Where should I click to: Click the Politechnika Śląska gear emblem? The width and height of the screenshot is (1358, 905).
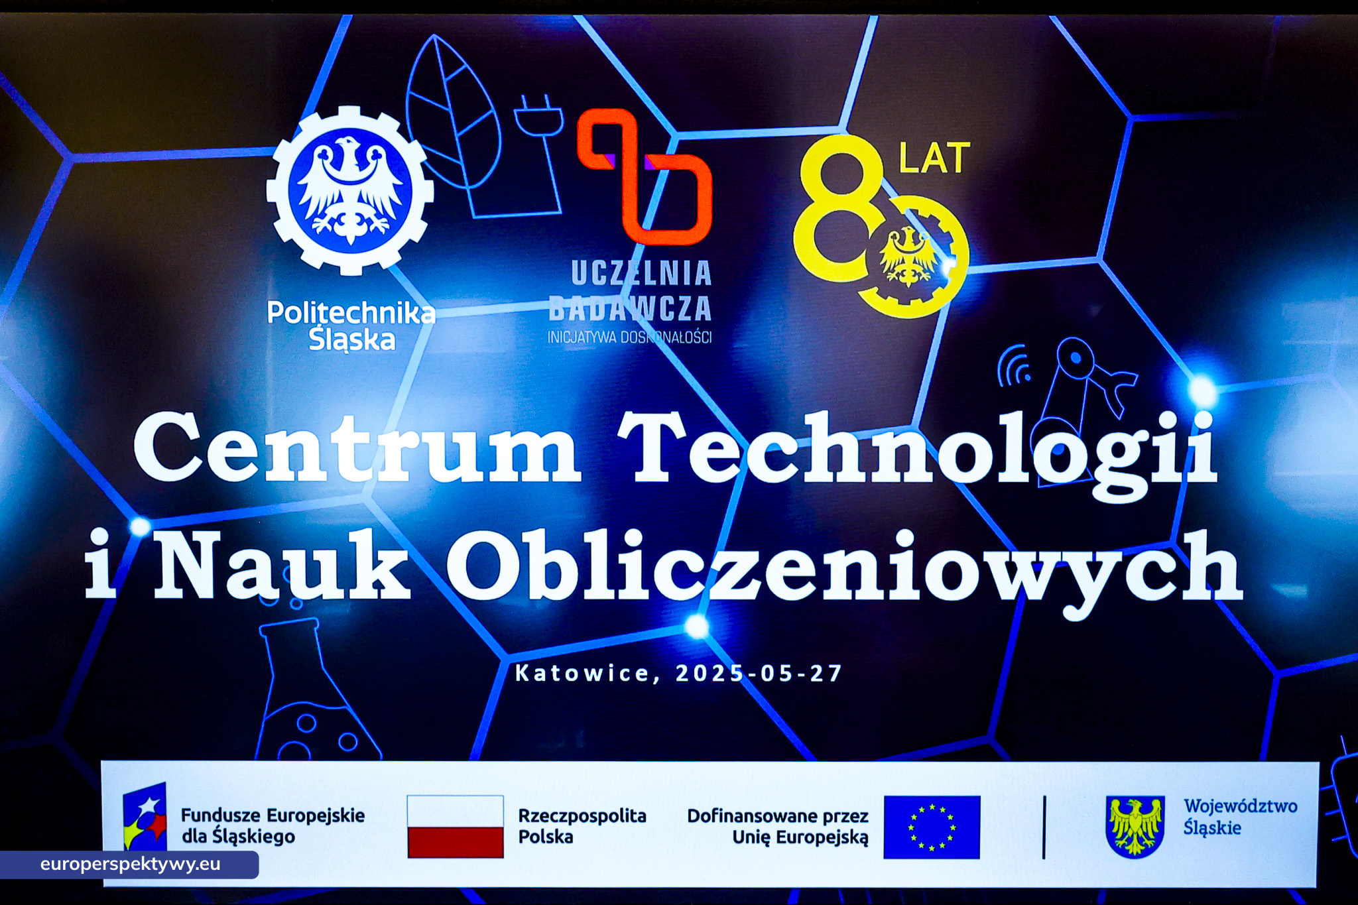click(x=349, y=191)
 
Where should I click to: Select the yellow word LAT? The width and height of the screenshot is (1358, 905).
click(x=934, y=158)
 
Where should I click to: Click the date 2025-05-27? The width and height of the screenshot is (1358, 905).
click(x=759, y=674)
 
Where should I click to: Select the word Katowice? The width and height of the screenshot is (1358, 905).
click(x=583, y=674)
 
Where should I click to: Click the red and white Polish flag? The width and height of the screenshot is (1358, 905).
click(x=455, y=827)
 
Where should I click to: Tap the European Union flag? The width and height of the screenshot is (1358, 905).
click(x=932, y=827)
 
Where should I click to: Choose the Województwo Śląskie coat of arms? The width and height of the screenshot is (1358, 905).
click(x=1135, y=826)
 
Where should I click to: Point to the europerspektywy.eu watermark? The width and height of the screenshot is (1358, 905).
click(x=130, y=865)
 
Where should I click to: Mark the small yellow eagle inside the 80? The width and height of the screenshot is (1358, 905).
click(x=907, y=255)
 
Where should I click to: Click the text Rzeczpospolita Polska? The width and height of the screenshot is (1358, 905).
click(x=582, y=826)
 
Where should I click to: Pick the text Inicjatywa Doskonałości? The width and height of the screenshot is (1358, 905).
click(x=629, y=337)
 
